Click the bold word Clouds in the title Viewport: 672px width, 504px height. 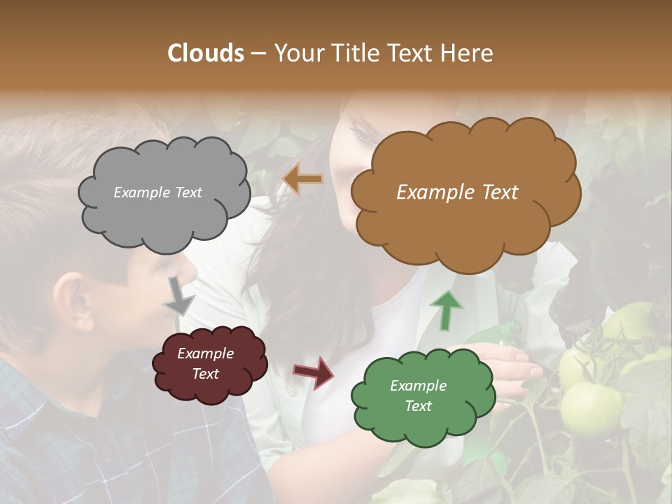pos(206,53)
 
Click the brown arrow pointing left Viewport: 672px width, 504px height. pos(302,179)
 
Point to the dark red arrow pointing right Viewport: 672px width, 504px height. pos(314,372)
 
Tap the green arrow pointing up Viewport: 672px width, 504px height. pos(447,310)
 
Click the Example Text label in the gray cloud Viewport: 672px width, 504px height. pos(157,192)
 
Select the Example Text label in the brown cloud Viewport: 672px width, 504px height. pos(457,192)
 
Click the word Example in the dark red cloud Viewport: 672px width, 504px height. pos(205,353)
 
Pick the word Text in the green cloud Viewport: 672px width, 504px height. pos(418,406)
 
